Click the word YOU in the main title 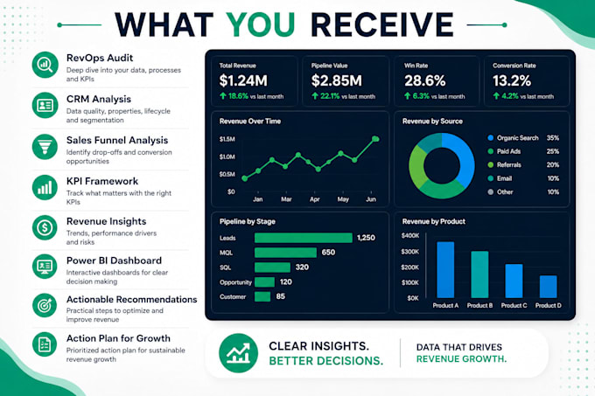[x=261, y=25]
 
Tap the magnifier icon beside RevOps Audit [x=45, y=65]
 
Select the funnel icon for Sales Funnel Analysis [x=45, y=147]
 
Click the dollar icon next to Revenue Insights [x=45, y=228]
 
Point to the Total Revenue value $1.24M [x=243, y=80]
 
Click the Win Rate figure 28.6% [x=425, y=80]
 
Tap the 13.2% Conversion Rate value [x=512, y=80]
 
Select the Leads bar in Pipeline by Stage [x=304, y=238]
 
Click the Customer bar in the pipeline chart [x=262, y=296]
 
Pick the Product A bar [x=445, y=270]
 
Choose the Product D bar [x=549, y=287]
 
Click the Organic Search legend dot [x=490, y=138]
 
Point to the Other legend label [x=505, y=192]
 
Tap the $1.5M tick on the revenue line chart [x=227, y=139]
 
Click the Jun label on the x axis [x=371, y=199]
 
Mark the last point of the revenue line [x=375, y=139]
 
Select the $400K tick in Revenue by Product [x=410, y=236]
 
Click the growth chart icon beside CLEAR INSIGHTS [x=238, y=353]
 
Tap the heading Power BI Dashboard [x=115, y=261]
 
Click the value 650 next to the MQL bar [x=328, y=253]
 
